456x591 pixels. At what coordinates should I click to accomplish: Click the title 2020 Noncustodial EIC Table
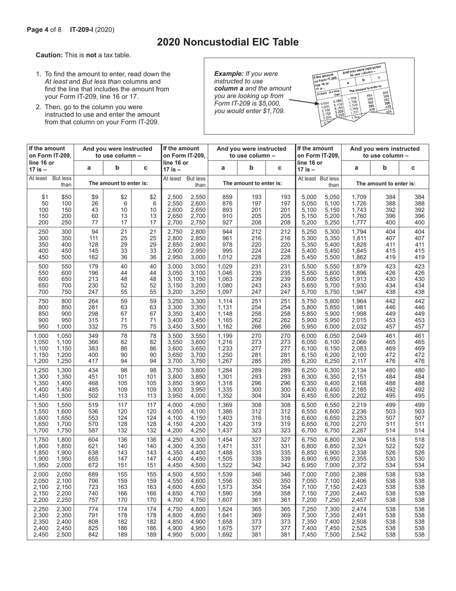228,42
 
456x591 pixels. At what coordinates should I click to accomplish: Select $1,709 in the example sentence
273,111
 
